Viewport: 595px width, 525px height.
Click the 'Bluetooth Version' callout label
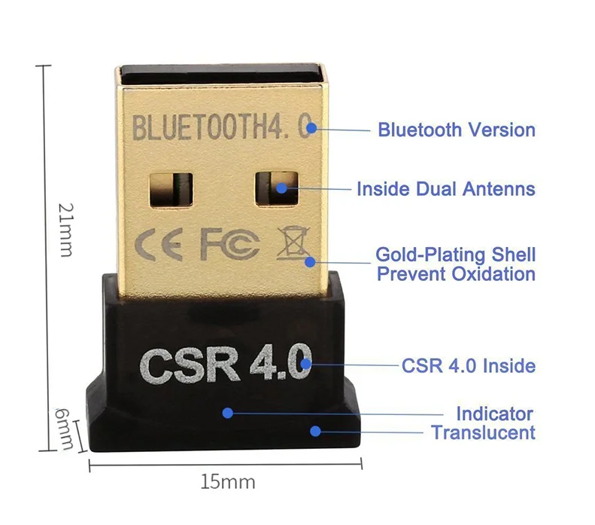[456, 130]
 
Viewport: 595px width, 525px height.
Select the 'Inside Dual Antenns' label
[445, 188]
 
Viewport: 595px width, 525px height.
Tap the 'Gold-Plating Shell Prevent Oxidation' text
[456, 264]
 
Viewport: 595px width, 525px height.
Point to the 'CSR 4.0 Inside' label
[468, 366]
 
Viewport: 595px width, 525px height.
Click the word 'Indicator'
[494, 414]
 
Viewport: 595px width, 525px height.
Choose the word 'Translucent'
[483, 432]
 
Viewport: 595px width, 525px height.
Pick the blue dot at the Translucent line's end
[316, 431]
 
